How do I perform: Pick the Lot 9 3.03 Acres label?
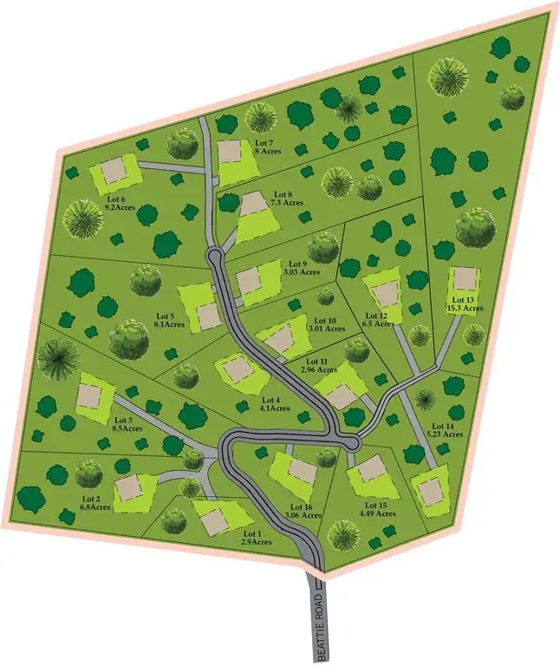click(x=326, y=323)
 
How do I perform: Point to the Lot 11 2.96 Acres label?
click(x=377, y=319)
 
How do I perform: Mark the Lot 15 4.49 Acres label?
click(x=302, y=512)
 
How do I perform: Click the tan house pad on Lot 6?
click(x=114, y=170)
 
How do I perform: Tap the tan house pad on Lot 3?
click(x=90, y=396)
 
